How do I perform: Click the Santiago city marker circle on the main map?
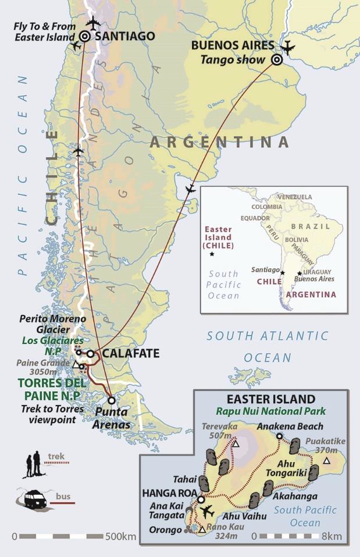(x=84, y=36)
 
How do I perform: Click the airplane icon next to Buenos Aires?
(x=287, y=47)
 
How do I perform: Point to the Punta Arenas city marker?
(x=111, y=400)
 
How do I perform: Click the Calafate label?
(x=130, y=354)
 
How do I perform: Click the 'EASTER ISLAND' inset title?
(x=271, y=399)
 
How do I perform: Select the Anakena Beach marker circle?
(x=279, y=437)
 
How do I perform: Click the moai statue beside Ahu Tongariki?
(x=313, y=472)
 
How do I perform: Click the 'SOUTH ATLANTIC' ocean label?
(x=268, y=336)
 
